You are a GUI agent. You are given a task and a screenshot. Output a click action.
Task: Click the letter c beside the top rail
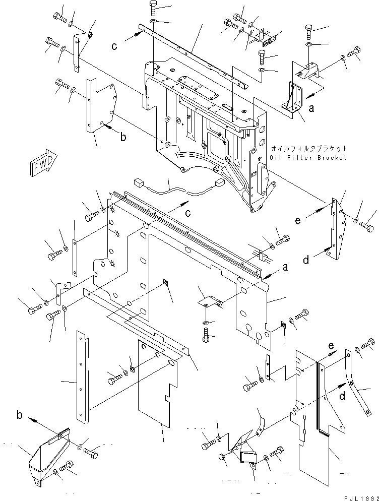pyautogui.click(x=115, y=46)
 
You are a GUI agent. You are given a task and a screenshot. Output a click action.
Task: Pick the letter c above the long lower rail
pyautogui.click(x=187, y=213)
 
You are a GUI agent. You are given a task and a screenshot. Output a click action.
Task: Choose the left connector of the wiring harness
pyautogui.click(x=139, y=182)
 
